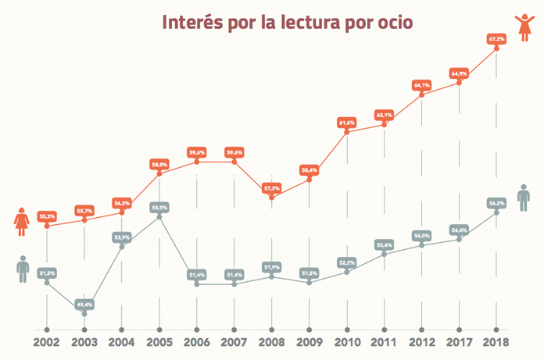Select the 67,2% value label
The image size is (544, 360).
pos(496,38)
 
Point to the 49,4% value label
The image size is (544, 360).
pos(84,304)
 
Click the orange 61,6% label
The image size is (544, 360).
pos(346,123)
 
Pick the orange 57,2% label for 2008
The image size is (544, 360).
pos(272,188)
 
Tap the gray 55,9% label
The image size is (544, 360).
pos(159,208)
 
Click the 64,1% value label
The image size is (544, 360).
pos(422,84)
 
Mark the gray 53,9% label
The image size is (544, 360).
pos(122,237)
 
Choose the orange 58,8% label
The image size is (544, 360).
pos(159,164)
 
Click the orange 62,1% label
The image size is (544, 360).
pos(384,115)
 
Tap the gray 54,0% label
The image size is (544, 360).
pos(422,235)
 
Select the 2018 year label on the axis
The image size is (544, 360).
pos(496,341)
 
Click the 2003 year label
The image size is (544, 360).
pos(84,341)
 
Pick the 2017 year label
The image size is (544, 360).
pos(459,341)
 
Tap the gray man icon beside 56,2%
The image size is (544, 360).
pos(524,197)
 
